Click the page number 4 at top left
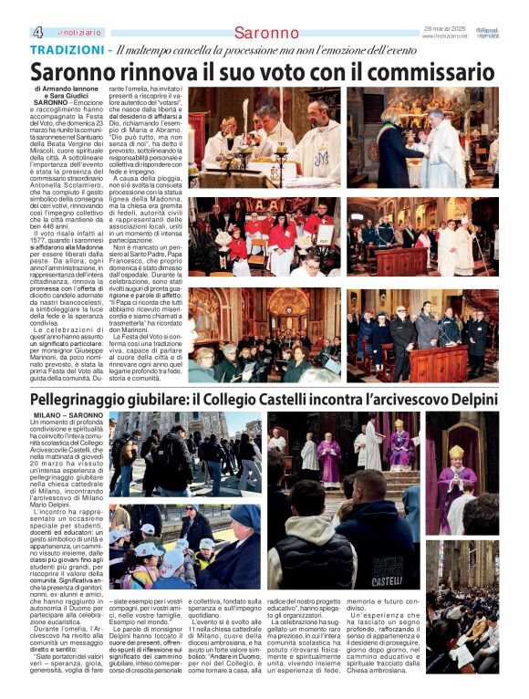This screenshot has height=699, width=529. [37, 31]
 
